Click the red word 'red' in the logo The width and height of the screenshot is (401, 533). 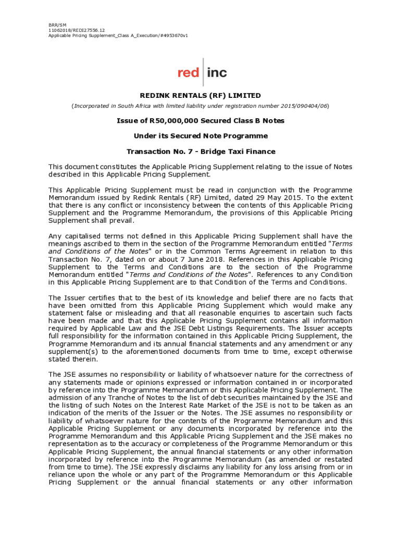tap(188, 73)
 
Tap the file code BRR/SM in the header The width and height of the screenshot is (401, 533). tap(57, 25)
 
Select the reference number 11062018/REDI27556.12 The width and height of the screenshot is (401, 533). tap(77, 30)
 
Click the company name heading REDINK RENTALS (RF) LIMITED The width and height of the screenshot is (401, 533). tap(200, 96)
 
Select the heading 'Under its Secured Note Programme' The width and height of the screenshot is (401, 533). tap(200, 136)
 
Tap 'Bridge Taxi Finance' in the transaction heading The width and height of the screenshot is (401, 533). tap(238, 151)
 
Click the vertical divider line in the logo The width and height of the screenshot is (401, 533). tap(203, 72)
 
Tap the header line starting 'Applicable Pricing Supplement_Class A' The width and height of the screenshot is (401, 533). tap(118, 35)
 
